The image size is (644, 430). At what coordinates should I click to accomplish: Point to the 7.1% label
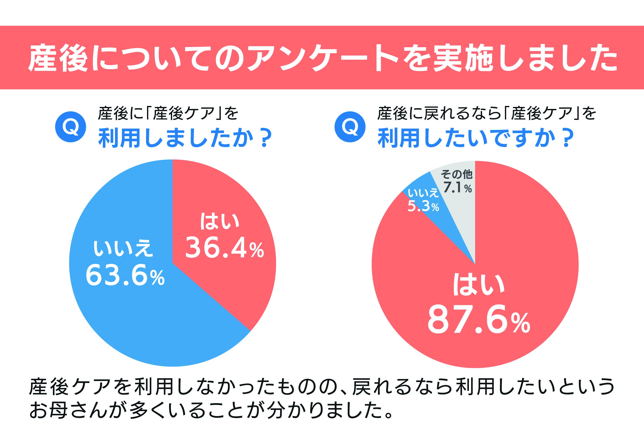point(457,188)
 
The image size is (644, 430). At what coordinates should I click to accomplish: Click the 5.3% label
point(423,206)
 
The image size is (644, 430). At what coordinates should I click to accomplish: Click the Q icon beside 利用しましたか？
point(71,127)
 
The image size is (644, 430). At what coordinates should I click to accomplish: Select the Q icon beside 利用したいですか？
point(350,127)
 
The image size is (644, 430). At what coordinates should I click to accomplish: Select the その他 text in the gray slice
point(457,174)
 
